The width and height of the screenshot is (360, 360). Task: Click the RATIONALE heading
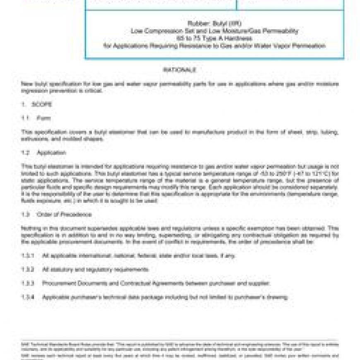[x=179, y=70]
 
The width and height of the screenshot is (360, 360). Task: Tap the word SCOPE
[x=42, y=104]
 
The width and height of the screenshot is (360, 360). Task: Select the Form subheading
[x=43, y=118]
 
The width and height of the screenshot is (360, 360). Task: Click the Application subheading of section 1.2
[x=51, y=153]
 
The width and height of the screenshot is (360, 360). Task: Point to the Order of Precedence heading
[x=64, y=215]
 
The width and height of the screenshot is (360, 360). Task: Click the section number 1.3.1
[x=27, y=256]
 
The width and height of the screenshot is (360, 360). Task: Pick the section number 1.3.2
[x=27, y=269]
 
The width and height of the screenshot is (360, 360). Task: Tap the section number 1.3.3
[x=27, y=283]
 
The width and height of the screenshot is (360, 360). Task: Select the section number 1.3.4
[x=27, y=297]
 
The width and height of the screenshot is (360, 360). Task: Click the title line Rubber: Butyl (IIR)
[x=214, y=24]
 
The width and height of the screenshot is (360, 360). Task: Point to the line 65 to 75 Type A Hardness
[x=214, y=38]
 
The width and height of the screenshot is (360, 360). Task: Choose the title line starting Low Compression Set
[x=214, y=31]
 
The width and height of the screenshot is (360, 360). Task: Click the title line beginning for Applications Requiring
[x=214, y=46]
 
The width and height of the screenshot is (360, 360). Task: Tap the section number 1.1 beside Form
[x=25, y=118]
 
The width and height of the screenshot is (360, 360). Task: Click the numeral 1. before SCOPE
[x=24, y=104]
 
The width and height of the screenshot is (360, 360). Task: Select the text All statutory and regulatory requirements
[x=96, y=269]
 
